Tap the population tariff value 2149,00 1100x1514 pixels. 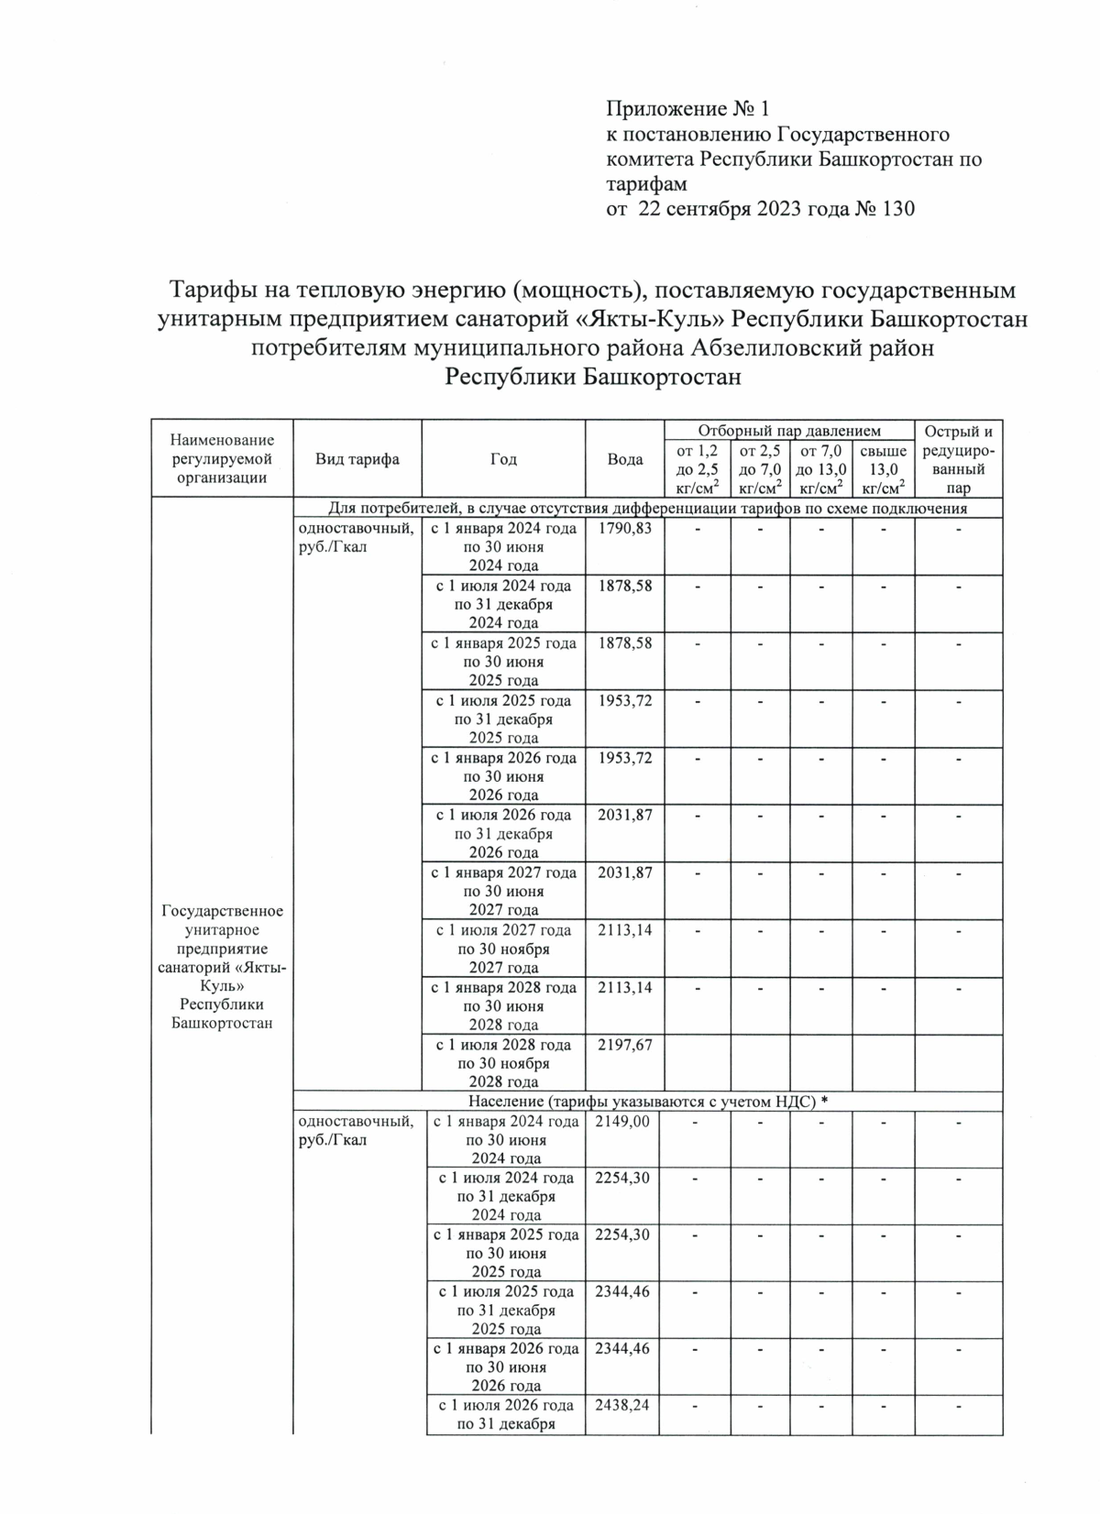pos(622,1121)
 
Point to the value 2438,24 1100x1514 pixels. pos(622,1405)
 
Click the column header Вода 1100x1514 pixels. pos(625,459)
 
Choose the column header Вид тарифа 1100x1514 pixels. pos(357,459)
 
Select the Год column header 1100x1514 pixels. pos(503,459)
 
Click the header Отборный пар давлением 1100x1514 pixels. pos(789,431)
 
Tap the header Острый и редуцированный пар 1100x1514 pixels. pos(958,459)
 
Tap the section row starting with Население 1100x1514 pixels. pos(647,1101)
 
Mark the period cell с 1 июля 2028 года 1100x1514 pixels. pos(503,1063)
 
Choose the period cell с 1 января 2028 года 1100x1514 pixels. pos(503,1006)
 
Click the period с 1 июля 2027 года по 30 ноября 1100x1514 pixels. pos(503,949)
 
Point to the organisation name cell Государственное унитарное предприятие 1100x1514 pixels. pos(222,967)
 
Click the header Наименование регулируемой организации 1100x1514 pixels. pos(222,459)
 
